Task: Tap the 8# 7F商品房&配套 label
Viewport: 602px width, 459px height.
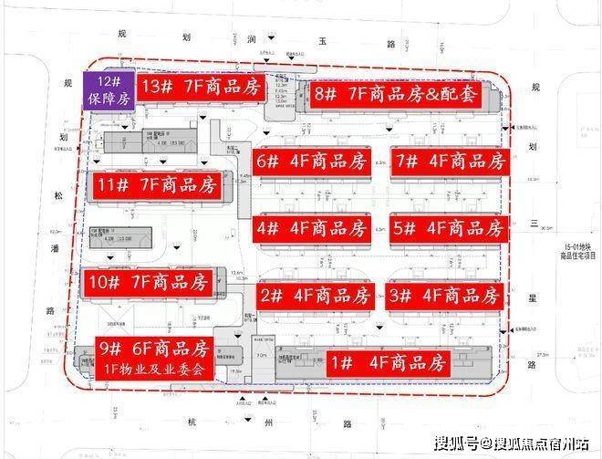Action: (x=400, y=94)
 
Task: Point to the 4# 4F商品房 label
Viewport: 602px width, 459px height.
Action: (x=312, y=227)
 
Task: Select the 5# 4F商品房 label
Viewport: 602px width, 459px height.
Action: (x=447, y=227)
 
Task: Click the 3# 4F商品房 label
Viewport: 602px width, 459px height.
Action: (x=445, y=296)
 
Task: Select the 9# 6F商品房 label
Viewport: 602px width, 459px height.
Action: (x=155, y=348)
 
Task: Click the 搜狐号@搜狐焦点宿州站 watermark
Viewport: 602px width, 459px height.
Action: (x=511, y=444)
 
